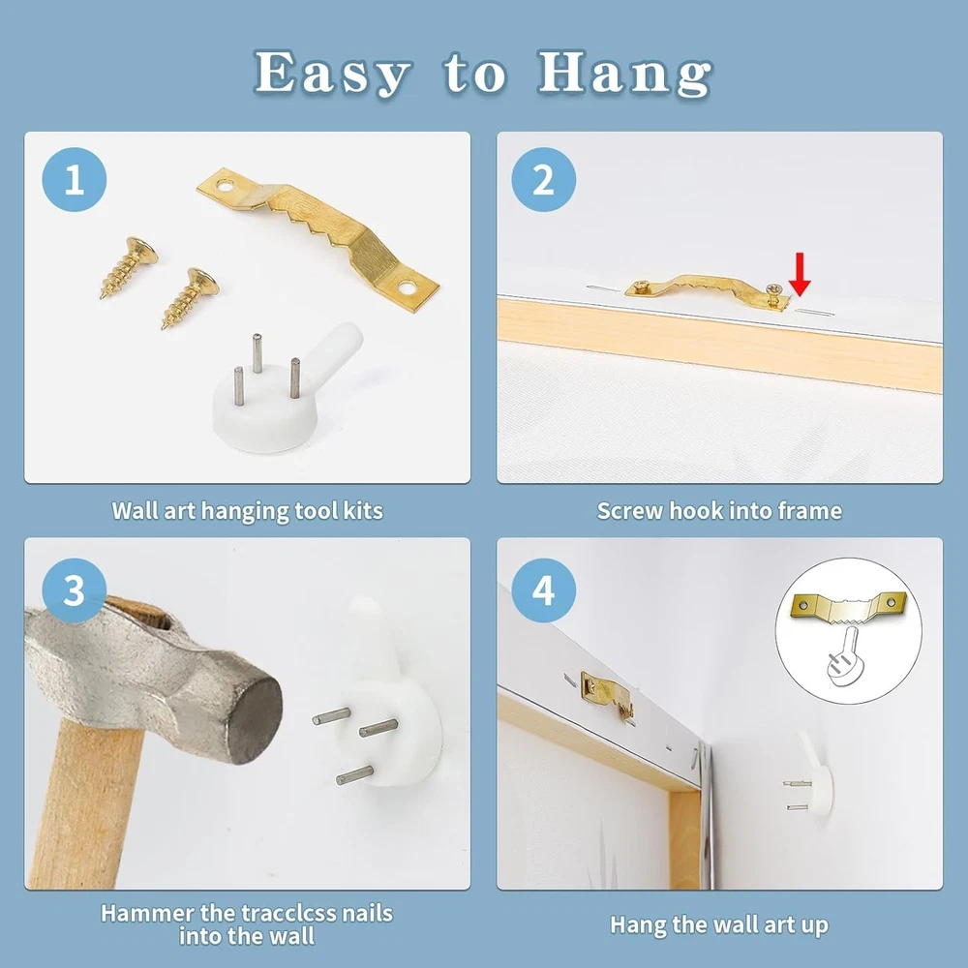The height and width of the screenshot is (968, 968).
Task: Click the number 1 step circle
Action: (75, 180)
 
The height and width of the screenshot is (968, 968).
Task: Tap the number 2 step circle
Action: (543, 180)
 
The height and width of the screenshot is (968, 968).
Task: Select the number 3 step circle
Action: (75, 590)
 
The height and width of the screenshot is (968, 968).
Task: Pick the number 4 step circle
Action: (543, 590)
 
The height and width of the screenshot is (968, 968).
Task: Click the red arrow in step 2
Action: (800, 274)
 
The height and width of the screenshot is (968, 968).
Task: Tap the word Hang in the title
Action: (624, 74)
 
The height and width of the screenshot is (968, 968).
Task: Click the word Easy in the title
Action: (332, 74)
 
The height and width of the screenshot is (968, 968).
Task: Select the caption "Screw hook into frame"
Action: (719, 511)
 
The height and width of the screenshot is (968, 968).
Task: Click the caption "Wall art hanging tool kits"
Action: (247, 511)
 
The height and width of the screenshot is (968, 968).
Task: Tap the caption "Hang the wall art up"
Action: (719, 924)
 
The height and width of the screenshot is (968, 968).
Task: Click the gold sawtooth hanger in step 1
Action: (318, 238)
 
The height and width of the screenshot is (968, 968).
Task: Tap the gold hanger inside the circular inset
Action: (849, 608)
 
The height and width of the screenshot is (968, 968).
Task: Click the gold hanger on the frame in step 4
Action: (608, 694)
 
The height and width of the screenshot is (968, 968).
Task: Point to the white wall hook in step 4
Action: (811, 775)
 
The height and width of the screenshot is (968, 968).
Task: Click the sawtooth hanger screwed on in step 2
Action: (708, 291)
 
